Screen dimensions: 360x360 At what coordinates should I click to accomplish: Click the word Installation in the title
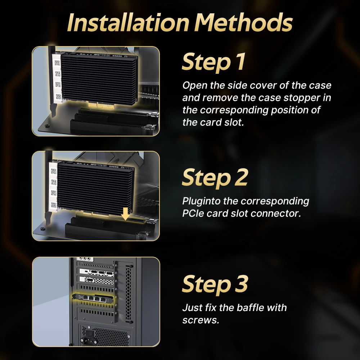tap(129, 22)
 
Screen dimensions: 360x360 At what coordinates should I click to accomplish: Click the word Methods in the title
tap(243, 22)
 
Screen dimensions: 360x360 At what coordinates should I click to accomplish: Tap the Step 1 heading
tap(213, 62)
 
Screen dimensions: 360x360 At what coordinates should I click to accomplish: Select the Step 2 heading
tap(215, 178)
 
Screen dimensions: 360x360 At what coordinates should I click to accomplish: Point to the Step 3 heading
tap(215, 284)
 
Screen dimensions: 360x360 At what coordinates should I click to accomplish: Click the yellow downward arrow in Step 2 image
tap(125, 214)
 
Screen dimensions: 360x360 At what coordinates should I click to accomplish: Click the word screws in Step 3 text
tap(200, 320)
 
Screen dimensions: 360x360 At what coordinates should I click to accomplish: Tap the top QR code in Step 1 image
tap(57, 63)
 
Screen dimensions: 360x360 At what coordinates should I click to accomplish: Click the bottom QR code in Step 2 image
tap(54, 204)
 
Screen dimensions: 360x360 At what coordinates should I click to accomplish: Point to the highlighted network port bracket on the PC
tap(94, 298)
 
